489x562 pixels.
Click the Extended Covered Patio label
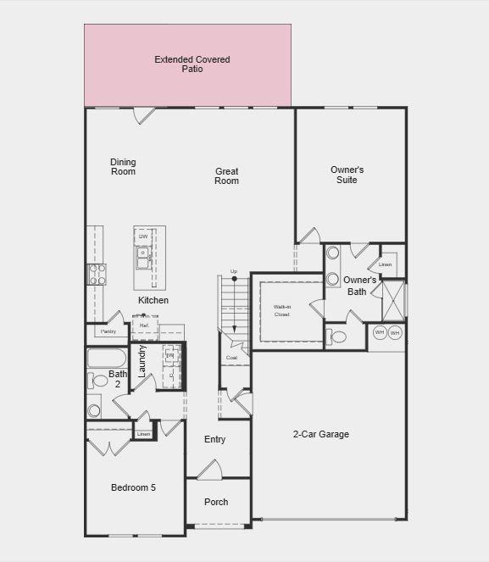192,64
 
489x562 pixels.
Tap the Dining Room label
123,167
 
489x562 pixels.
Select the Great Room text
226,175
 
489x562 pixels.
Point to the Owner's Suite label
347,175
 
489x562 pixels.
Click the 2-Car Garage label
320,435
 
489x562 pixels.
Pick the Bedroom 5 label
133,487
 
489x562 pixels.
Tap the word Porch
216,502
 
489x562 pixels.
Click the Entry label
214,439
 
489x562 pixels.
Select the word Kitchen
153,300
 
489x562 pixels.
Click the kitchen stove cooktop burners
97,274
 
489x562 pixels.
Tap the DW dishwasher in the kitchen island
143,236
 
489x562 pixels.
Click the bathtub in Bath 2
106,357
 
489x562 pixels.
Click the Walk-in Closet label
281,309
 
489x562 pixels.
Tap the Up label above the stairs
234,272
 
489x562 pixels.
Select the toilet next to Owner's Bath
337,337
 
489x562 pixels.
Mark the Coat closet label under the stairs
231,358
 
